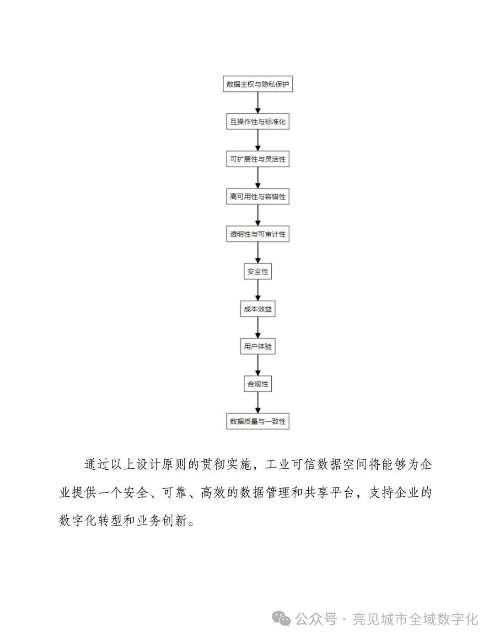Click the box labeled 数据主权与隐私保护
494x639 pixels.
tap(258, 84)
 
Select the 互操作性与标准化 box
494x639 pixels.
tap(258, 122)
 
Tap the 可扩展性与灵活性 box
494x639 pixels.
tap(258, 159)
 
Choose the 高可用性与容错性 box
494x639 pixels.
tap(258, 197)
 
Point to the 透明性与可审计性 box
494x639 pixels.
tap(258, 234)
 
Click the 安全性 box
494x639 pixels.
tap(258, 272)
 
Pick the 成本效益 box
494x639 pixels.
tap(258, 309)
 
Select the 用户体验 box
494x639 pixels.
tap(258, 346)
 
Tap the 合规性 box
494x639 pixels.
tap(258, 384)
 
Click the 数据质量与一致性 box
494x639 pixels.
tap(258, 421)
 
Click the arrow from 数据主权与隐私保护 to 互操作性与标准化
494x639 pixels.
tap(258, 103)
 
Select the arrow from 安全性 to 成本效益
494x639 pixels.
tap(258, 290)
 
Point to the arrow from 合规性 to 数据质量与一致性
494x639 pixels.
tap(258, 403)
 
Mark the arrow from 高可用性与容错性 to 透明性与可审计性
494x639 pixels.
tap(258, 215)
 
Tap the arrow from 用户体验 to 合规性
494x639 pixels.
tap(258, 365)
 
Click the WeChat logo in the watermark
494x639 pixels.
tap(281, 619)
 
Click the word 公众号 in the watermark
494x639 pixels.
tap(316, 620)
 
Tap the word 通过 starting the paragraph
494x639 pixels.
tap(97, 465)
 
